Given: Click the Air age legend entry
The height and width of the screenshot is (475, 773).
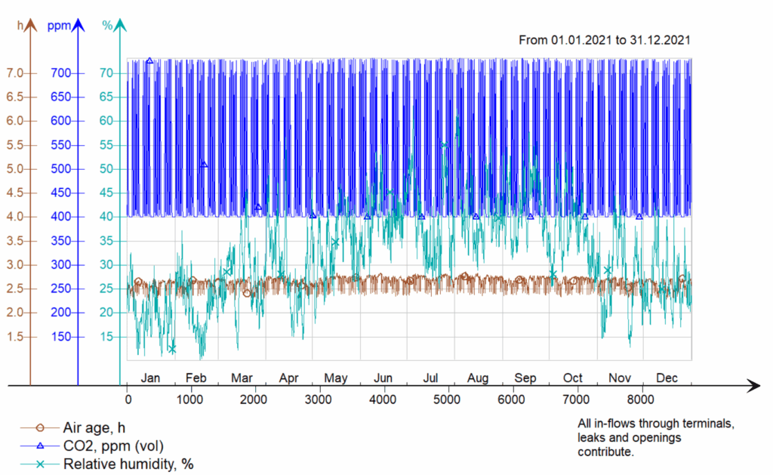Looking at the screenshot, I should [x=95, y=428].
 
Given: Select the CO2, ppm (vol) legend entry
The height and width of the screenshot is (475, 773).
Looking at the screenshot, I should [x=113, y=446].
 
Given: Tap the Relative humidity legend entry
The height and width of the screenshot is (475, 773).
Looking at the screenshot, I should [x=128, y=464].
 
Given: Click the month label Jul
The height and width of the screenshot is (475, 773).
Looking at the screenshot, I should [x=431, y=378].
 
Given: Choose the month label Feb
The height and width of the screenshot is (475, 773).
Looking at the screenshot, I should [x=196, y=378].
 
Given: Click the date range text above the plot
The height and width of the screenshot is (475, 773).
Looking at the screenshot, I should [x=605, y=40].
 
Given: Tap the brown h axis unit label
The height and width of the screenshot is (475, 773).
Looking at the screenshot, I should [x=20, y=26].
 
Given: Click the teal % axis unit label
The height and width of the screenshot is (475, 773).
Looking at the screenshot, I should [x=107, y=26].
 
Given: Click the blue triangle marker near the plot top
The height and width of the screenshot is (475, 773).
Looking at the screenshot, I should [x=149, y=60].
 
